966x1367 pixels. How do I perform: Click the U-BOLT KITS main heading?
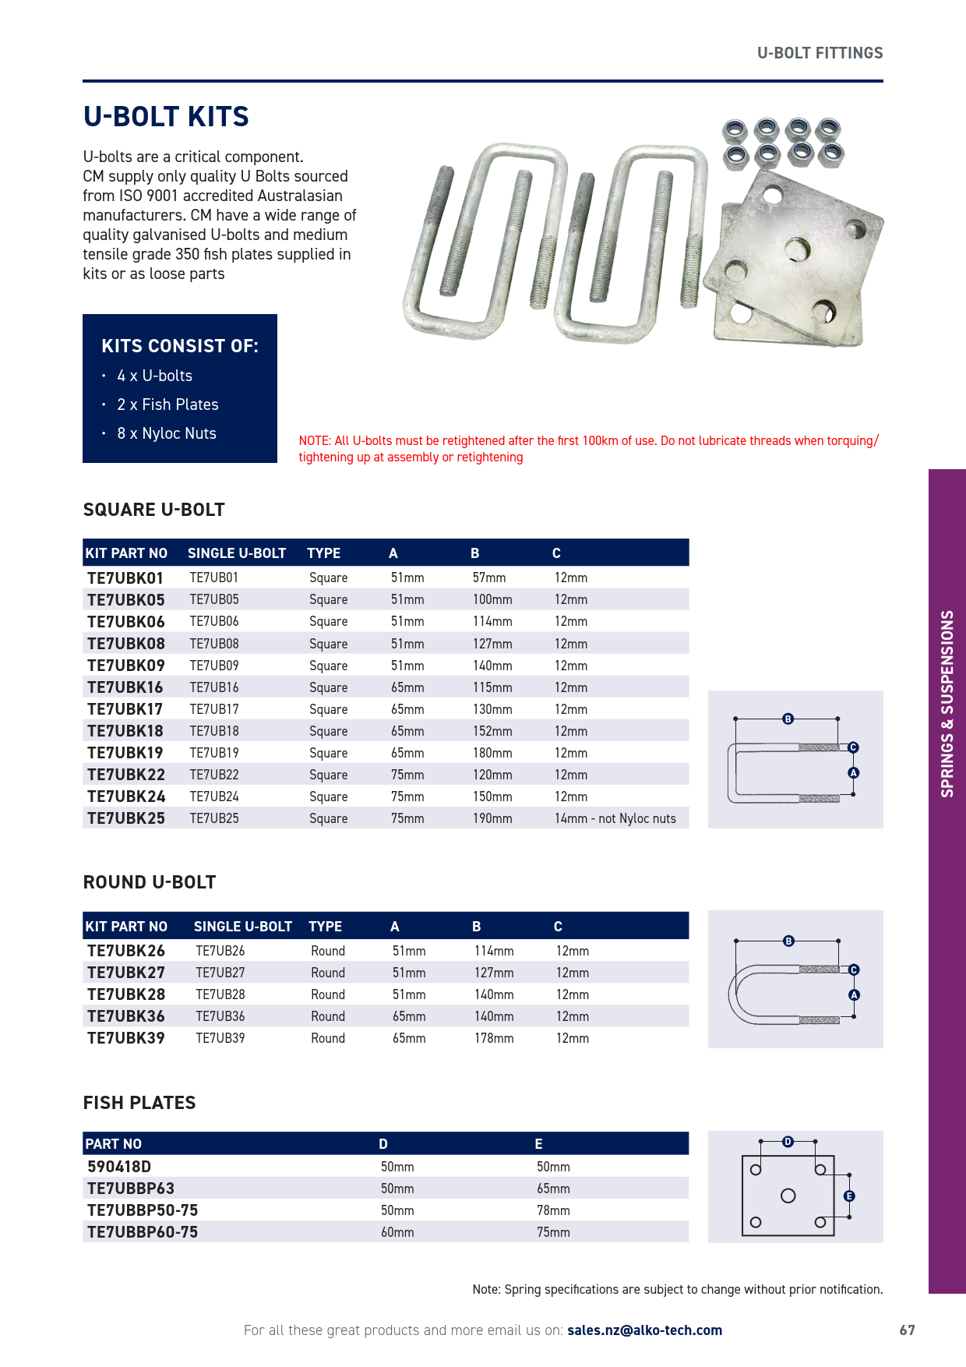tap(166, 117)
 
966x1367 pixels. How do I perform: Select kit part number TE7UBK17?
tap(125, 709)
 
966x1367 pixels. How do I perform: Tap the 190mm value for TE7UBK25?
tap(492, 818)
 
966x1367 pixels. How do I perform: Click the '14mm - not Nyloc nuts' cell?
tap(615, 818)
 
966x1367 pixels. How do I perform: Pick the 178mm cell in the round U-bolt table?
tap(494, 1038)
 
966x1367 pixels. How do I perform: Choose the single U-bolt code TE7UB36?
tap(220, 1016)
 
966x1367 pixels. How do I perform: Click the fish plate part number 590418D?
tap(119, 1167)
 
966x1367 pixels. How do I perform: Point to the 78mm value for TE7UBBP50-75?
tap(553, 1210)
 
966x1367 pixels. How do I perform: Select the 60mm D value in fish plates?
tap(397, 1232)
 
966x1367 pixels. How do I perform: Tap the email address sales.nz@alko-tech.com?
tap(644, 1330)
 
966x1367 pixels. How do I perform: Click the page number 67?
tap(907, 1330)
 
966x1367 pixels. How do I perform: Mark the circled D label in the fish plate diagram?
tap(788, 1142)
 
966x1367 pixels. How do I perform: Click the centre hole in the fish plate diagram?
tap(788, 1196)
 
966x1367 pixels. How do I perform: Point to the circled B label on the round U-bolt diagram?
tap(788, 941)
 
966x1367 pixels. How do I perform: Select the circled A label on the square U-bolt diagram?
tap(853, 773)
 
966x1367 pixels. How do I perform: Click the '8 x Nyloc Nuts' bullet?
tap(166, 433)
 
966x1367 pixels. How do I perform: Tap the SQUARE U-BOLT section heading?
tap(154, 510)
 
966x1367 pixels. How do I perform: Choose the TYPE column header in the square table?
tap(323, 553)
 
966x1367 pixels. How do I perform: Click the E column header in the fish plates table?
tap(538, 1144)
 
